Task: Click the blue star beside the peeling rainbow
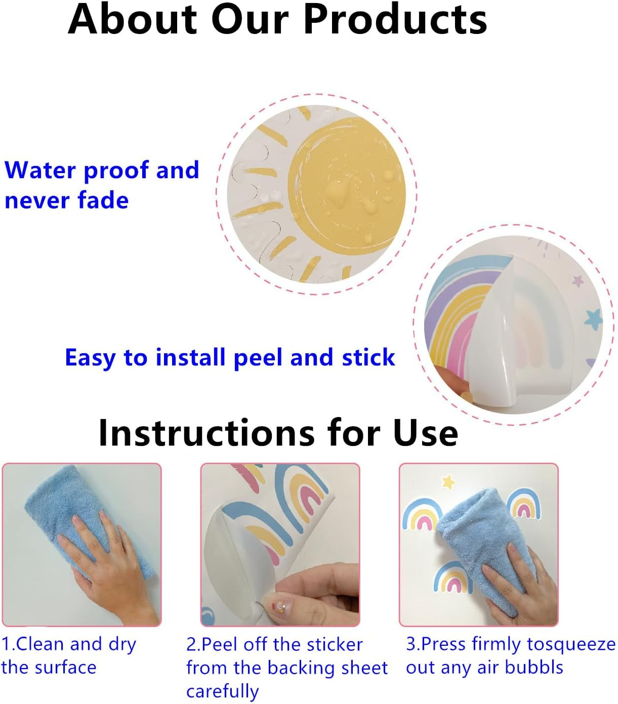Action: click(593, 319)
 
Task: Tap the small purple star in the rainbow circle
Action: click(578, 280)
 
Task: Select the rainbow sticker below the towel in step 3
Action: click(452, 577)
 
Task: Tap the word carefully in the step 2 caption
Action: click(222, 691)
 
